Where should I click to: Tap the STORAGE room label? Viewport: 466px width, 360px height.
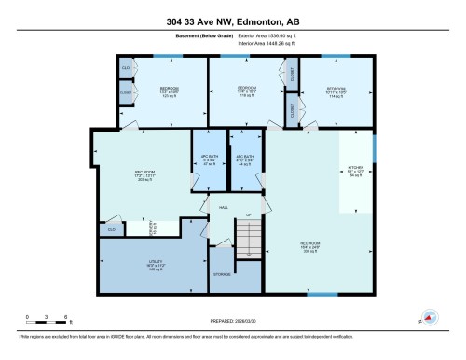(221, 275)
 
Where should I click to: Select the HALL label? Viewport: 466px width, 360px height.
(224, 207)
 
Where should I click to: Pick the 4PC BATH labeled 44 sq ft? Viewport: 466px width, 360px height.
(245, 159)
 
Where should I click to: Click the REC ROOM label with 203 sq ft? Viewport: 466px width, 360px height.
(143, 173)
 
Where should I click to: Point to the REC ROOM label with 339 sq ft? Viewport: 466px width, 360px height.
(309, 248)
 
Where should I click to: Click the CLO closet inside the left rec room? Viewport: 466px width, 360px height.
(111, 228)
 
